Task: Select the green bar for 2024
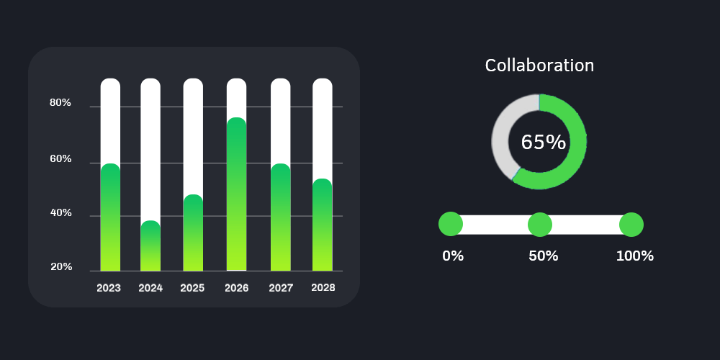(150, 246)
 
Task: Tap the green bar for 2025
(193, 233)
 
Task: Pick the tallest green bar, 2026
(237, 194)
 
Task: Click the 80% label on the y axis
(60, 103)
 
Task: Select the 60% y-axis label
(60, 158)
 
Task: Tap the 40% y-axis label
(60, 213)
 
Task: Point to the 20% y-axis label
(60, 267)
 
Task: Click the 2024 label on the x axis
(150, 288)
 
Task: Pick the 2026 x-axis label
(237, 288)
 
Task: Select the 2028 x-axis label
(323, 287)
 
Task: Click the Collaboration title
(539, 66)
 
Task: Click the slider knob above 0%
(450, 224)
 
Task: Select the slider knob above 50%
(540, 225)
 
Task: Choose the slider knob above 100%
(631, 225)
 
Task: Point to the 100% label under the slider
(635, 256)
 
